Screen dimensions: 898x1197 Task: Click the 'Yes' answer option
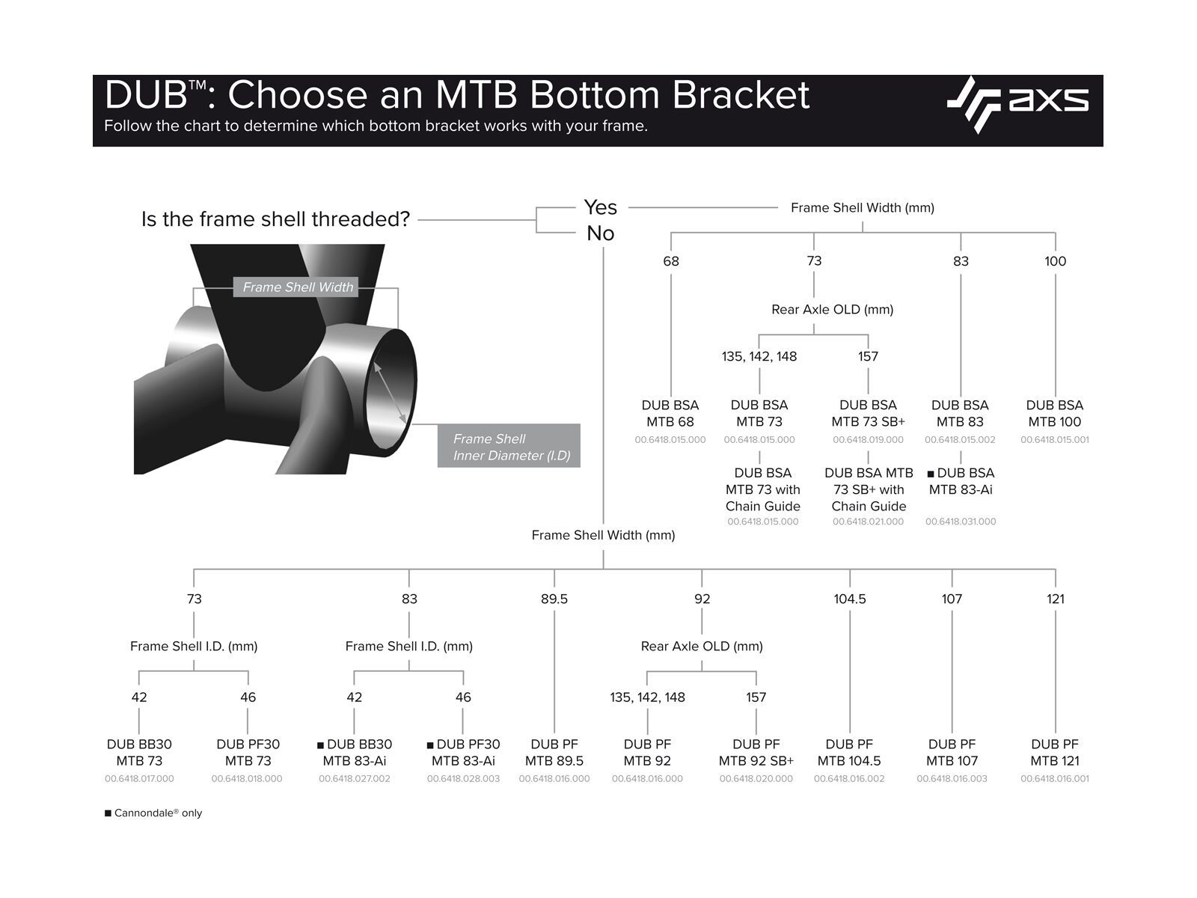(600, 207)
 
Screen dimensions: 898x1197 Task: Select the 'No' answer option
(600, 233)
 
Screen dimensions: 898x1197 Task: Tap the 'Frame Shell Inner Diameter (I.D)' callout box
(509, 447)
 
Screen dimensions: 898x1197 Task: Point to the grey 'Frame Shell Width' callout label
(297, 287)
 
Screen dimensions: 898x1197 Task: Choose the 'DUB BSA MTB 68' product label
(670, 413)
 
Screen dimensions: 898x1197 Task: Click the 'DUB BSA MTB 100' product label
(1054, 413)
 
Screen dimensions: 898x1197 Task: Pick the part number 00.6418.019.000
(868, 440)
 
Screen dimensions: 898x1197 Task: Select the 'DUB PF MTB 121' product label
(1055, 752)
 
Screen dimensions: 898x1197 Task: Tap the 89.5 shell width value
(554, 599)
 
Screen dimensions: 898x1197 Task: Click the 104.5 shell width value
(850, 599)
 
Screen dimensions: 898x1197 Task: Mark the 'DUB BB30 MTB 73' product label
(139, 752)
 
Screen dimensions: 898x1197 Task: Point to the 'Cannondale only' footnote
(154, 813)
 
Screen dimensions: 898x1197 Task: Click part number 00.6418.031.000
(961, 522)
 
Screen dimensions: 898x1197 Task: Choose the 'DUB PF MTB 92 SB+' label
(756, 752)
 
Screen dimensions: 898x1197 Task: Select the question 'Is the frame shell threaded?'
(275, 219)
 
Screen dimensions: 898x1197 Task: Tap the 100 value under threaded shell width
(1055, 261)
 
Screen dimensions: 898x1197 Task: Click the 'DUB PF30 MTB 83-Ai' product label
(464, 752)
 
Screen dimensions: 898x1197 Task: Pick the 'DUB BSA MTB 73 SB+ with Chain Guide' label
(869, 489)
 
